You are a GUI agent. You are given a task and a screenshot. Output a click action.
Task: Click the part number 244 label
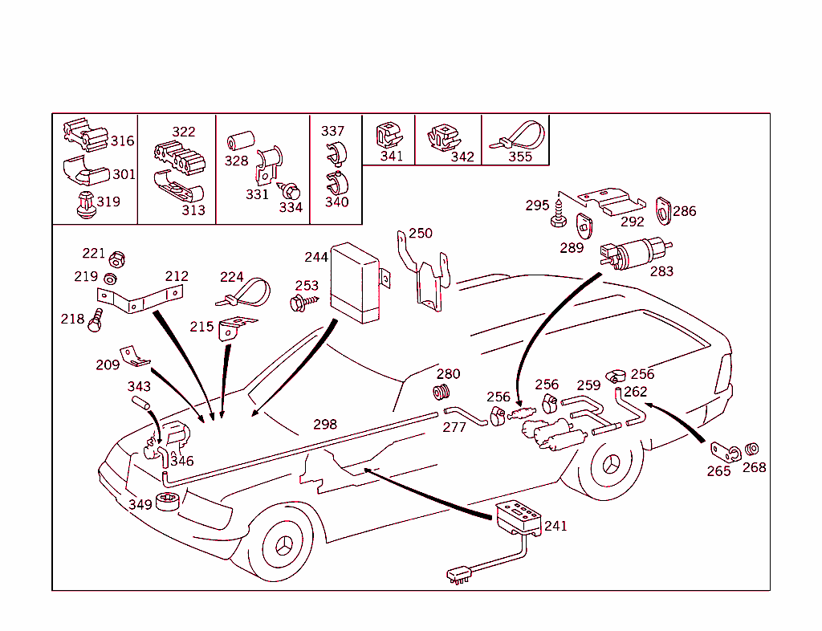pyautogui.click(x=315, y=257)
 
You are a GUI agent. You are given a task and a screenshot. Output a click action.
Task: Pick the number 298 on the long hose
pyautogui.click(x=325, y=424)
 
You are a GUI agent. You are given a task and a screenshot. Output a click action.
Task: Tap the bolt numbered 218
pyautogui.click(x=96, y=322)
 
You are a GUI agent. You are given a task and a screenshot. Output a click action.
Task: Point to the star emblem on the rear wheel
pyautogui.click(x=612, y=467)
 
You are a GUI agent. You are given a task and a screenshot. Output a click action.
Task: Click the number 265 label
pyautogui.click(x=718, y=471)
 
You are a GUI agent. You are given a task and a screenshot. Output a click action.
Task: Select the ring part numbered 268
pyautogui.click(x=753, y=449)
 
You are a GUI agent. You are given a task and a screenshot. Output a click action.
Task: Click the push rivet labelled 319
pyautogui.click(x=85, y=205)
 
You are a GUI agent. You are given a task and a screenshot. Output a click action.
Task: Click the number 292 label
pyautogui.click(x=633, y=222)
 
